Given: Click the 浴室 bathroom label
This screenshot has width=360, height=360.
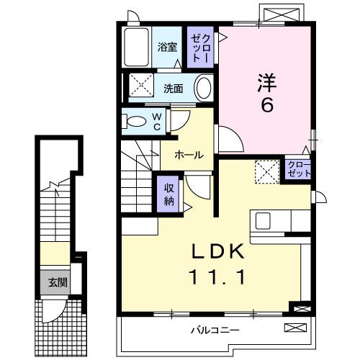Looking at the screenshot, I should [x=168, y=48].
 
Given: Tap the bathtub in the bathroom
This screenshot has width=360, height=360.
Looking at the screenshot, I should [x=136, y=48].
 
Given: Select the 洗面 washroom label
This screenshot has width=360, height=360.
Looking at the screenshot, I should [x=173, y=89].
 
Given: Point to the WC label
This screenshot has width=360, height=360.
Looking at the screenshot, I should [x=156, y=121].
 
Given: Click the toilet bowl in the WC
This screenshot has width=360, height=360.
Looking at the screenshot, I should [x=135, y=121].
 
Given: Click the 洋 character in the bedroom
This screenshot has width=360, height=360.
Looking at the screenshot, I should [x=266, y=81].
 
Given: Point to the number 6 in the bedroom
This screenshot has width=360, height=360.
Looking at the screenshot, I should [x=266, y=104].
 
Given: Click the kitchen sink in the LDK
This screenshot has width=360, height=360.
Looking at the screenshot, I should [x=261, y=220].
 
